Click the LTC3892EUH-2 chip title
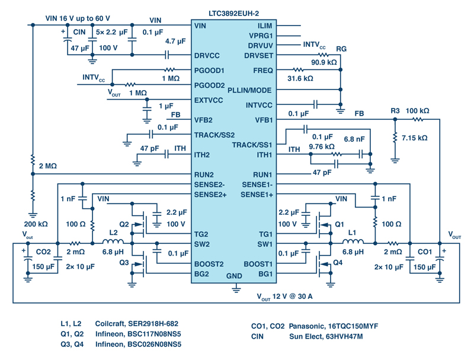(x=233, y=13)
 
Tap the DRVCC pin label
(x=207, y=56)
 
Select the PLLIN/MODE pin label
(x=249, y=90)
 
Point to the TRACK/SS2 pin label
(x=214, y=135)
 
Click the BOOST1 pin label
(x=258, y=264)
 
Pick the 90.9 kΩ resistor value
(x=324, y=62)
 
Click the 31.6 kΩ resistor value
(x=300, y=78)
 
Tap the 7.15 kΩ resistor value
(x=414, y=138)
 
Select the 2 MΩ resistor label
(x=48, y=166)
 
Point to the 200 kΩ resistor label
(x=36, y=224)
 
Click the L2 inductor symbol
(x=113, y=241)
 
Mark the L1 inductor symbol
(x=353, y=241)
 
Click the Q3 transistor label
(x=124, y=263)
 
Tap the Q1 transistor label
(x=340, y=224)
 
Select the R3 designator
(x=395, y=111)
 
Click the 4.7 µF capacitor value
(x=175, y=41)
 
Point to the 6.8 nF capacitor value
(x=354, y=139)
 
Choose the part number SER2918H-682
(x=153, y=324)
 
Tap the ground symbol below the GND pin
(x=236, y=288)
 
